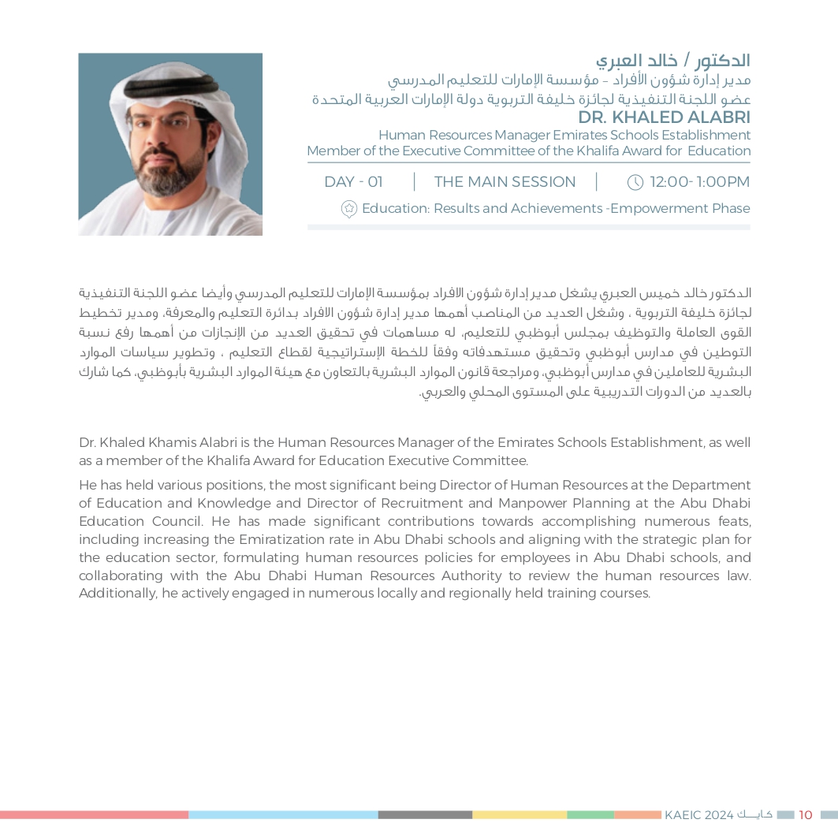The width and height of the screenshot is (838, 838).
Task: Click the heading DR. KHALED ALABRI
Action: click(664, 117)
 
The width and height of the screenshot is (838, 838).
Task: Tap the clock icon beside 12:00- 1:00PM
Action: click(635, 182)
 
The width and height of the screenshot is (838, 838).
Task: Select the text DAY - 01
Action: click(353, 182)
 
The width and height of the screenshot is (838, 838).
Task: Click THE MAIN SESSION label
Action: click(505, 182)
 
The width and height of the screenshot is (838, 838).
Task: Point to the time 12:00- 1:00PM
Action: click(699, 182)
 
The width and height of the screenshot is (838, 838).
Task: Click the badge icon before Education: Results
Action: click(349, 209)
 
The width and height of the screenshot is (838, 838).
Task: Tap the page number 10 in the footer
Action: click(805, 815)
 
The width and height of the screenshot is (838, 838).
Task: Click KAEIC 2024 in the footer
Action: click(698, 815)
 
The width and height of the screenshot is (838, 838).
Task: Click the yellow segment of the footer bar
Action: click(520, 815)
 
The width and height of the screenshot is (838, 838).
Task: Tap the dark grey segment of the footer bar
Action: click(425, 815)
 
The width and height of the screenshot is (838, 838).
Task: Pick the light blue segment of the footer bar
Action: click(283, 815)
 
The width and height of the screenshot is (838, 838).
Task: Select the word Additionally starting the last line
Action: click(117, 594)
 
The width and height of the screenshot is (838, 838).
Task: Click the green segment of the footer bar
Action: click(590, 815)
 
